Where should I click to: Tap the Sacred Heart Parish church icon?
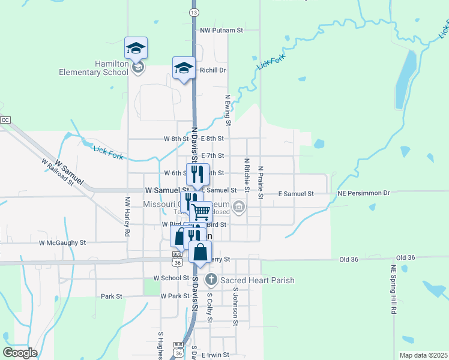coord(211,280)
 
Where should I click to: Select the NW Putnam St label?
coord(221,29)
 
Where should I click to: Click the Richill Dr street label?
coord(212,70)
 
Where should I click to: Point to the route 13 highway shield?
coord(193,12)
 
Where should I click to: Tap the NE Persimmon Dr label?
coord(364,193)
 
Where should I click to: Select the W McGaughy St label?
coord(62,243)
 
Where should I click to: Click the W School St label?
coord(172,278)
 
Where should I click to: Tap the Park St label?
coord(112,296)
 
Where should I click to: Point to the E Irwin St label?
coord(215,355)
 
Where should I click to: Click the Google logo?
coord(20,353)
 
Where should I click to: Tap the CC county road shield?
coord(6,120)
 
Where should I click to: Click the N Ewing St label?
coord(228,110)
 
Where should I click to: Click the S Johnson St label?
coord(235,306)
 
